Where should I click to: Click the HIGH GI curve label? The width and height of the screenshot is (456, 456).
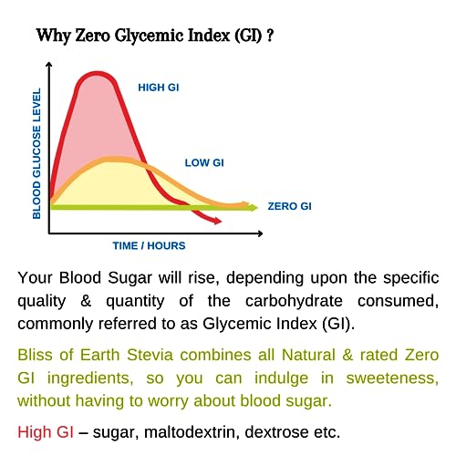[x=159, y=88]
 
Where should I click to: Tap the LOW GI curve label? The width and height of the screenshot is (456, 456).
[x=204, y=163]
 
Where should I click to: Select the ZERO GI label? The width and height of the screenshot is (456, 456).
[x=289, y=206]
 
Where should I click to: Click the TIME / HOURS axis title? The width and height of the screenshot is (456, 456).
[x=149, y=245]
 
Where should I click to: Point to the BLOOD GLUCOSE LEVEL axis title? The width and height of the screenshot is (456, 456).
[x=36, y=153]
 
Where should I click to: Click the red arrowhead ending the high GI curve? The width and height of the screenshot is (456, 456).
[x=218, y=221]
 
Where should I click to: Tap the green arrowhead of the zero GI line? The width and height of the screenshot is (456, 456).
[x=254, y=208]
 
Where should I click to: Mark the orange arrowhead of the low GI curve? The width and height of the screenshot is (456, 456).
[x=245, y=204]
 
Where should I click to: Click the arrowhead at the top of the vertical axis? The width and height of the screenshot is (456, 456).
[x=48, y=64]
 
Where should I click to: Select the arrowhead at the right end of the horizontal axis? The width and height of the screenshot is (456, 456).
[x=260, y=233]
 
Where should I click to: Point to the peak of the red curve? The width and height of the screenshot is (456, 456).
[x=97, y=73]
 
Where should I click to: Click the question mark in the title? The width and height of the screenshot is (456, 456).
[x=270, y=36]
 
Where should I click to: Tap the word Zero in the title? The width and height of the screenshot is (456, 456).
[x=92, y=36]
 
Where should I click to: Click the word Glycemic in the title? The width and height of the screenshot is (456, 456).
[x=150, y=36]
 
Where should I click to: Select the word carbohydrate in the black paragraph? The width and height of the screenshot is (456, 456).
[x=294, y=301]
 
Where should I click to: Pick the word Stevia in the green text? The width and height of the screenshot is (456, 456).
[x=150, y=355]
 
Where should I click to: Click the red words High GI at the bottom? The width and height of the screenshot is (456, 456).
[x=46, y=432]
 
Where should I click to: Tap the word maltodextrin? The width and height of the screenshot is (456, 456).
[x=190, y=432]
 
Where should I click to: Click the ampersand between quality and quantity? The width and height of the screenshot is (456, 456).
[x=86, y=301]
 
